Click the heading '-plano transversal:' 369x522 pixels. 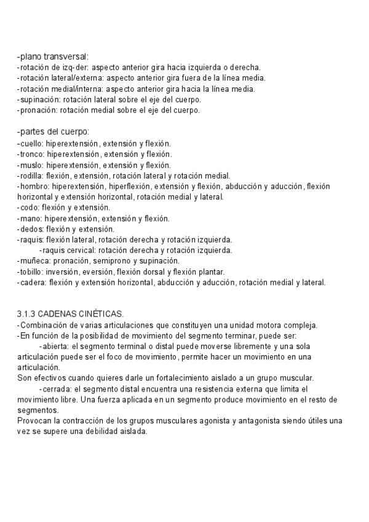coord(53,57)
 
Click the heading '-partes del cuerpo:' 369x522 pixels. coord(53,132)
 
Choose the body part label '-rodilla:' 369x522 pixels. coord(31,175)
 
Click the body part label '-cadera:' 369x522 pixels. coord(31,283)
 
